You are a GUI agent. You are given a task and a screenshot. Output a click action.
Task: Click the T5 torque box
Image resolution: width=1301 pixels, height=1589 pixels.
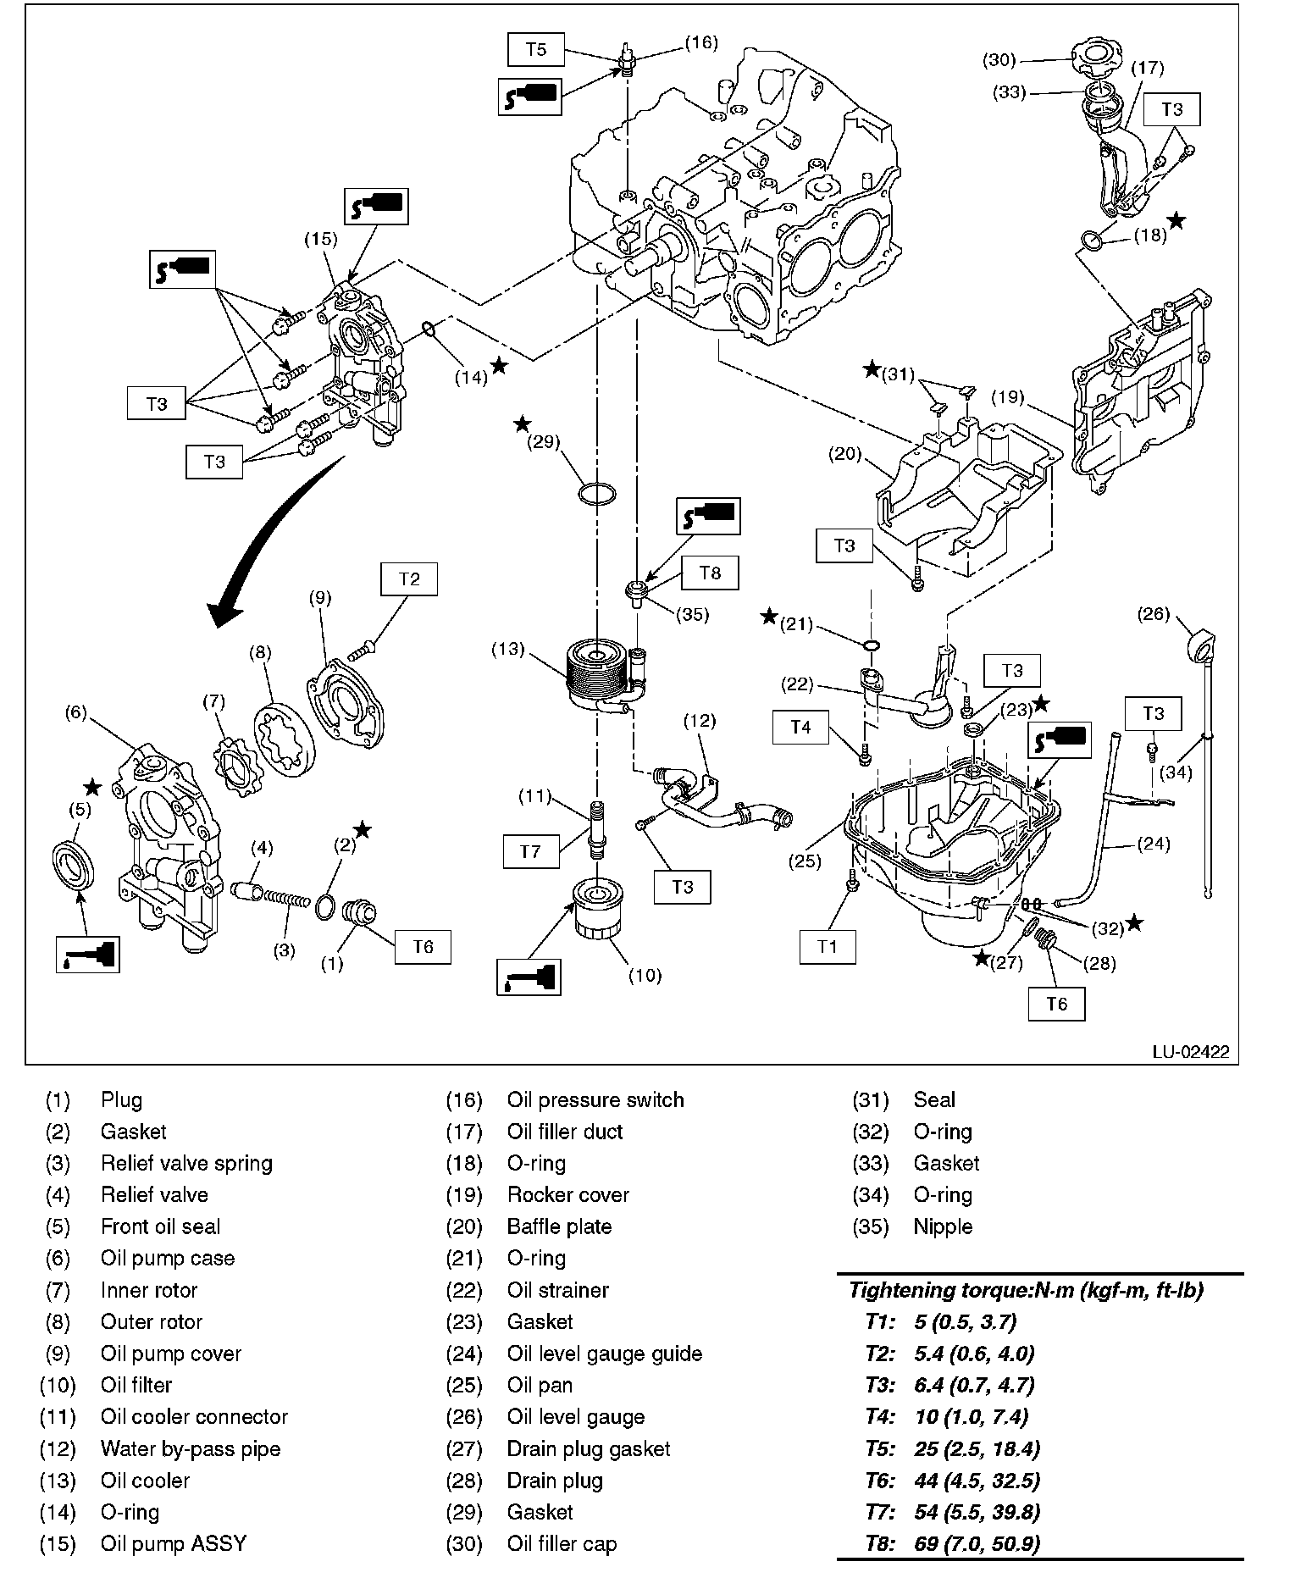pos(536,49)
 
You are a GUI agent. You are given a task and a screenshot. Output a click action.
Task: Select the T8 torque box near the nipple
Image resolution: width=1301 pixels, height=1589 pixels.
pos(710,573)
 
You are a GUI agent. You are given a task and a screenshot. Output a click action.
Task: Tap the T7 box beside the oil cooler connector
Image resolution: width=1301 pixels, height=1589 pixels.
pos(530,850)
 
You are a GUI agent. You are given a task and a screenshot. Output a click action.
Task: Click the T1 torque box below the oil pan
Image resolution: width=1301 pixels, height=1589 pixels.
pos(828,946)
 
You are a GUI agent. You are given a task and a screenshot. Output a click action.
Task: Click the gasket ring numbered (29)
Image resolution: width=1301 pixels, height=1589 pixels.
pos(596,493)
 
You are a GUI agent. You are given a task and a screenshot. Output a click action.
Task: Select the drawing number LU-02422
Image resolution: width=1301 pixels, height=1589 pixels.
pos(1190,1052)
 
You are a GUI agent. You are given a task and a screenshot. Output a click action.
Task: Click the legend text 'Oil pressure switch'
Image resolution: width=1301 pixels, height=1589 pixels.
pos(595,1100)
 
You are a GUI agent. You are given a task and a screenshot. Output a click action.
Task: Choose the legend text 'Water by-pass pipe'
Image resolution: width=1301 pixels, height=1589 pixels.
pos(190,1448)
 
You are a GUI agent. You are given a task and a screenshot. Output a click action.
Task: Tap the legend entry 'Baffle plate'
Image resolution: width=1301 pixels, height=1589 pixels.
pos(559,1226)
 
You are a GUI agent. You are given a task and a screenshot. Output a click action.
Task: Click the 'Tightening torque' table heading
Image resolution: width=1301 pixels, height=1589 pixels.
pos(1026,1290)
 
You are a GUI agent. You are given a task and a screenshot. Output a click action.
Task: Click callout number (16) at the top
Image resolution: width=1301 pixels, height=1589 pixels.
pos(700,42)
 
